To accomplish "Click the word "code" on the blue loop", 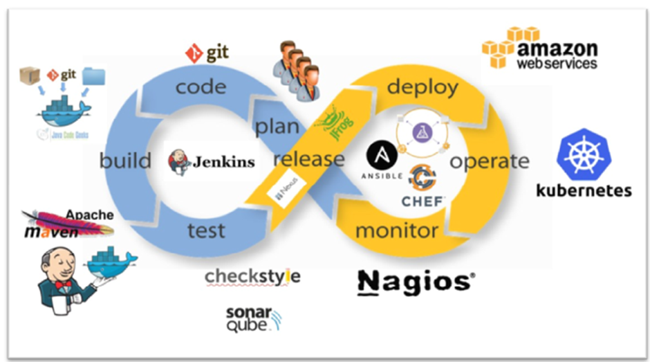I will (201, 87).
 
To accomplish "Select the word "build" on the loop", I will (125, 161).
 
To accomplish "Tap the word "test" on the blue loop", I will (206, 229).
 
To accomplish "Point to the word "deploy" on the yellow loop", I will (422, 87).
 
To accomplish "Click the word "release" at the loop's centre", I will (308, 159).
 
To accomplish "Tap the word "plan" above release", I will (277, 127).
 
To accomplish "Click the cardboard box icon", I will (30, 75).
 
